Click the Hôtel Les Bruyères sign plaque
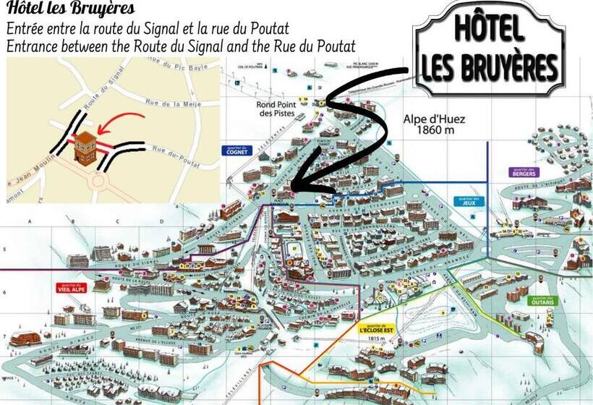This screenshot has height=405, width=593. [489, 48]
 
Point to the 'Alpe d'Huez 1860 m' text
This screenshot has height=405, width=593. [434, 125]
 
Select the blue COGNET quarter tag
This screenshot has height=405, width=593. [235, 151]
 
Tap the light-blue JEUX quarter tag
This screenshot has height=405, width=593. [469, 202]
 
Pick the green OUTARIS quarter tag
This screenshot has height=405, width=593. [542, 300]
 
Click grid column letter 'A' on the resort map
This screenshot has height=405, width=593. [31, 221]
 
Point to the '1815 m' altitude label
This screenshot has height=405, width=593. [374, 338]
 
